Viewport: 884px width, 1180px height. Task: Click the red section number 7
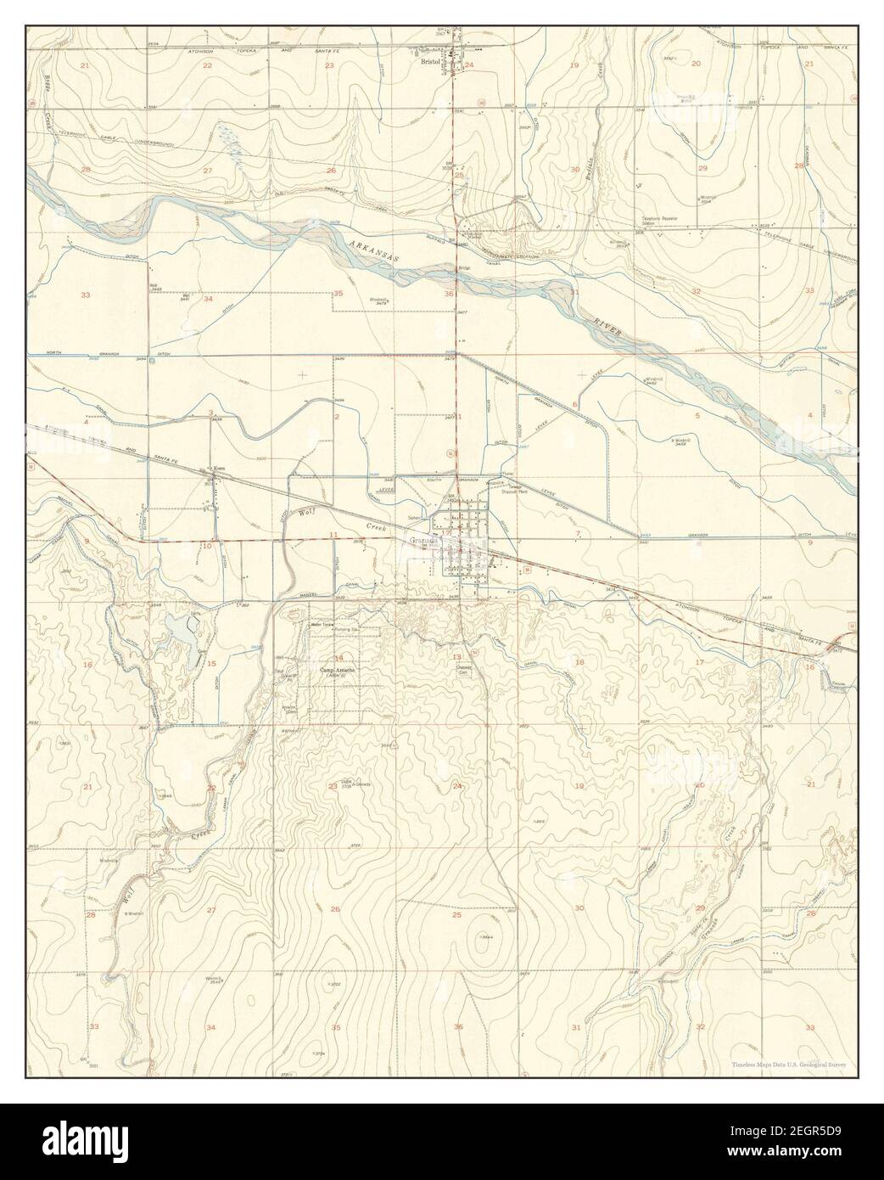[578, 533]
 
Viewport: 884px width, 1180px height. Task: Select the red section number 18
[580, 661]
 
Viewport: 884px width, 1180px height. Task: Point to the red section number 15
[211, 664]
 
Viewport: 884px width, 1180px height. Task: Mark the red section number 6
[574, 404]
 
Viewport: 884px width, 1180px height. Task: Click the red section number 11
[334, 534]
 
